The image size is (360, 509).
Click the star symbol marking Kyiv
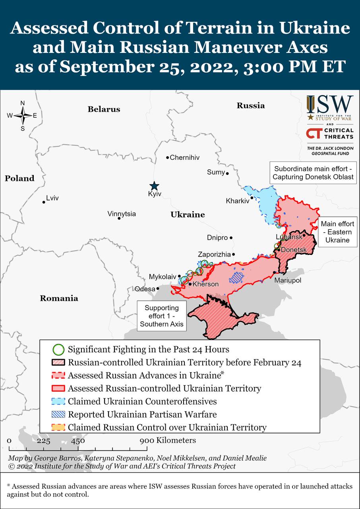pos(154,186)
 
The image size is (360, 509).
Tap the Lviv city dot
pos(44,202)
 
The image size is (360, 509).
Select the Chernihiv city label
pos(184,157)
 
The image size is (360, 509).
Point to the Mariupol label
pos(288,281)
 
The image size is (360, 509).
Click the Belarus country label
pos(104,109)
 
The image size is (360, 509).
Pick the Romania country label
pos(59,298)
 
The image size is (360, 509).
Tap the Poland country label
pos(19,179)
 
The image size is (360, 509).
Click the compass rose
pos(23,116)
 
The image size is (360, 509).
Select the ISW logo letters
pos(329,105)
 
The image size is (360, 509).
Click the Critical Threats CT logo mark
pos(314,133)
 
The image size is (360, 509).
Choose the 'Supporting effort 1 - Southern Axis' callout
pos(161,316)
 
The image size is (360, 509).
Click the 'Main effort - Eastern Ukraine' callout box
pos(337,232)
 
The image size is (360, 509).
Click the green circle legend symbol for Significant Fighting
pos(58,350)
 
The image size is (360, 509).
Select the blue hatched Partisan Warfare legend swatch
pos(59,414)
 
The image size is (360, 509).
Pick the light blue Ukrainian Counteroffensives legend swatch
pos(59,401)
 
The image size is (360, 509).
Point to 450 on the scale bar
pos(78,441)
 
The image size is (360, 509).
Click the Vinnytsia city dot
pos(119,218)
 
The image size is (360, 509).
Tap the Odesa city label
pos(145,289)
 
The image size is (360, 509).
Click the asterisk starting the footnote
pos(9,486)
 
